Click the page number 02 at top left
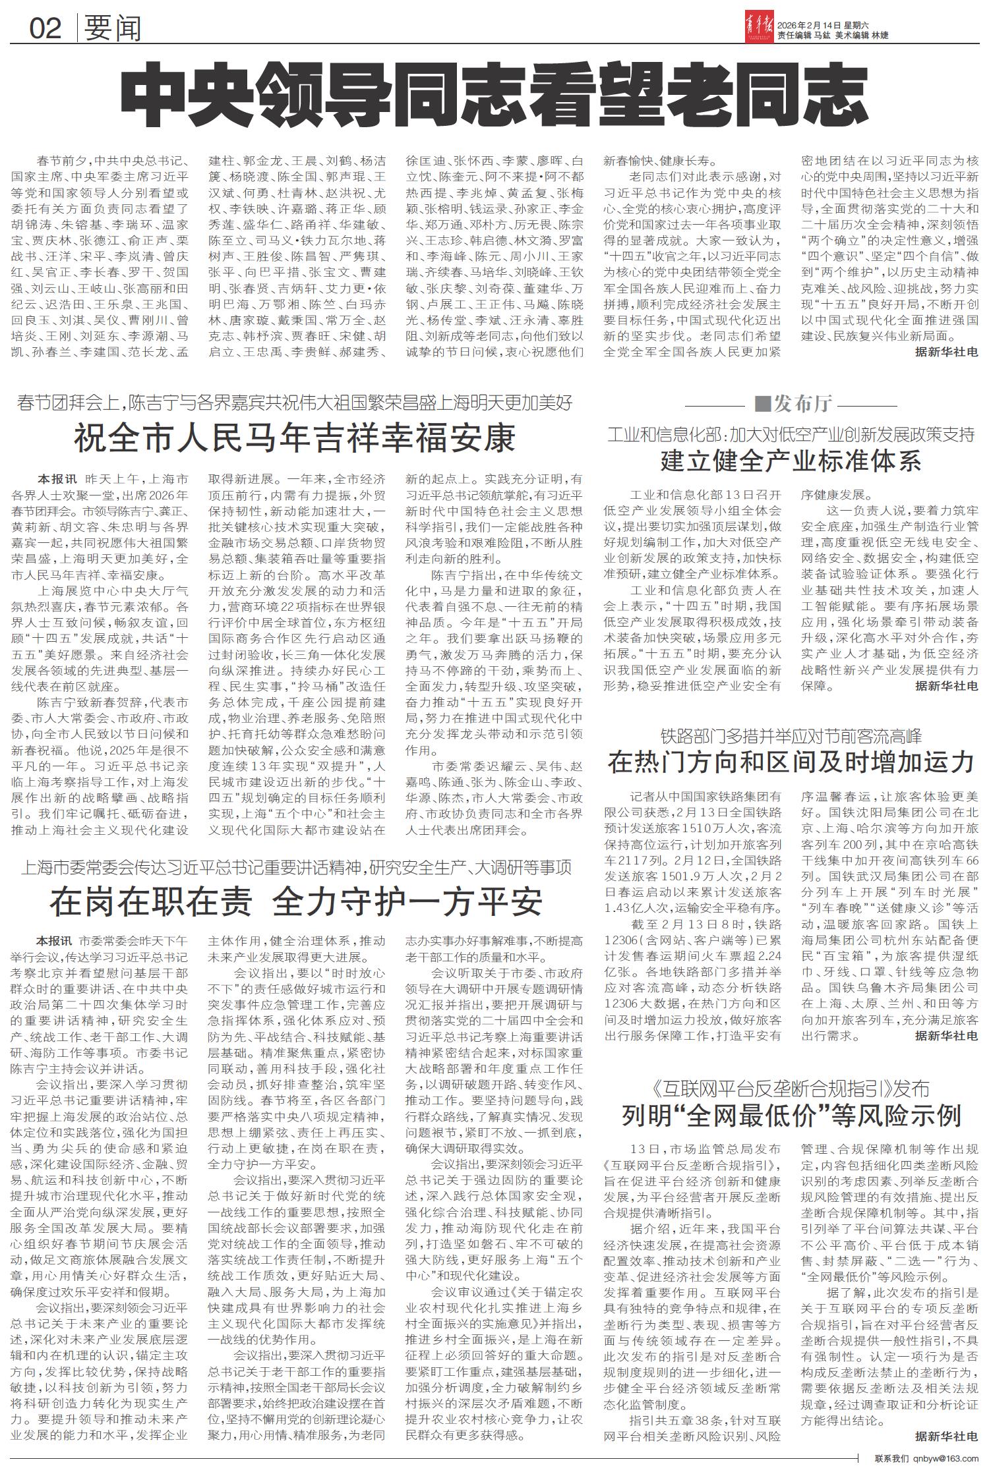coord(45,28)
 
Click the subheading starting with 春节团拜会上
coord(294,402)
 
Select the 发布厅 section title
coord(791,403)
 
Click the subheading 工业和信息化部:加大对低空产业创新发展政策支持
coord(791,435)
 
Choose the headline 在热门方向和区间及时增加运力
coord(791,762)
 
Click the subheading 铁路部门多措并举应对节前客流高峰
coord(791,736)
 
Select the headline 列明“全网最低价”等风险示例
coord(791,1115)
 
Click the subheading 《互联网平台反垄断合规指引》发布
coord(791,1088)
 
